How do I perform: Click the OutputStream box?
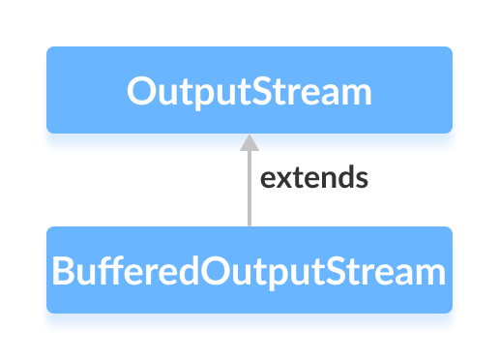(249, 90)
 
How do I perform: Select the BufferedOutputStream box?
(249, 270)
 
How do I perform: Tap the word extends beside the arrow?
(314, 179)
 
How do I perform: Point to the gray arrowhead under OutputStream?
(249, 141)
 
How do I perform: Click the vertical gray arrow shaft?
(249, 189)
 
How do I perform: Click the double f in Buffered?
(105, 270)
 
